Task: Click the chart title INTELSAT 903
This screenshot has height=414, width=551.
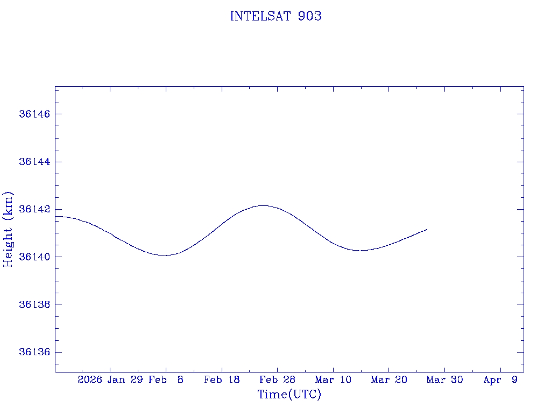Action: tap(275, 17)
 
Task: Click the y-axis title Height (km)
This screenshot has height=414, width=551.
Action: tap(8, 229)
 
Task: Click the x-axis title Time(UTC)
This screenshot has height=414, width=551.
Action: tap(289, 395)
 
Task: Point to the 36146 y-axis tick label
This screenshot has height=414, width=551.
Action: tap(34, 114)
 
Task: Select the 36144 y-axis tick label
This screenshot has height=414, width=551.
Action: tap(34, 162)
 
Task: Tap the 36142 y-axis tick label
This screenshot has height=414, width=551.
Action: tap(34, 210)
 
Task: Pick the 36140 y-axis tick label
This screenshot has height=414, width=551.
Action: tap(34, 257)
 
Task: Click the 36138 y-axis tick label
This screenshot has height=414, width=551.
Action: tap(34, 305)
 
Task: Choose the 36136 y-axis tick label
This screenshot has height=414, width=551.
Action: tap(34, 353)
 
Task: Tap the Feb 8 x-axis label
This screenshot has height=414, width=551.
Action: tap(166, 380)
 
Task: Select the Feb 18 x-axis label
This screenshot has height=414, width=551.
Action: tap(222, 380)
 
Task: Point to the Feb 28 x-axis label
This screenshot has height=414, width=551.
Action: tap(277, 380)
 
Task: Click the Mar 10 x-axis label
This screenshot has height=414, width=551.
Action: tap(333, 380)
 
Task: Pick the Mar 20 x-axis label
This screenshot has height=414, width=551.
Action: tap(388, 380)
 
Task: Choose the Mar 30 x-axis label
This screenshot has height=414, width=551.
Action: tap(444, 380)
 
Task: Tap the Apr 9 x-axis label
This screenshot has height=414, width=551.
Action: tap(500, 380)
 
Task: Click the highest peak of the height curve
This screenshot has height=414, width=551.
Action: tap(262, 205)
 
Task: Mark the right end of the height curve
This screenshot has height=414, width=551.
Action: tap(427, 230)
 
